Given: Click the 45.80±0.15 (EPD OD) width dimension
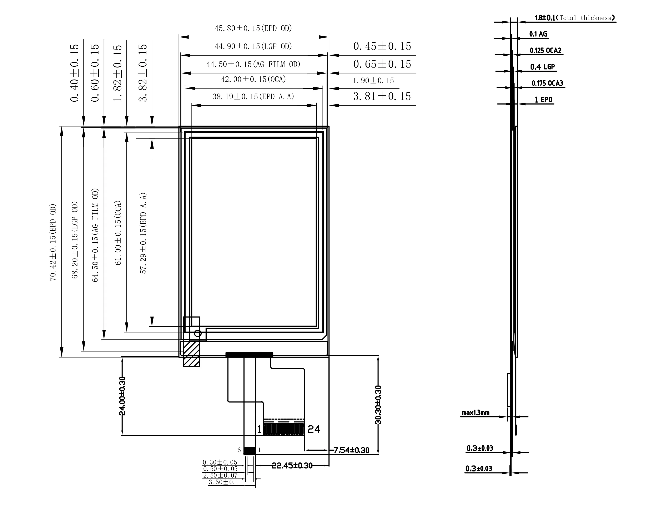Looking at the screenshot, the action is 253,28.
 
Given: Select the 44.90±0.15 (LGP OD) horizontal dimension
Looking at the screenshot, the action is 253,46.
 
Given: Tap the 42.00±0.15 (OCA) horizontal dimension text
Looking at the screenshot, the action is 253,79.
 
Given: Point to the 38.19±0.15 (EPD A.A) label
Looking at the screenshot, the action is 253,97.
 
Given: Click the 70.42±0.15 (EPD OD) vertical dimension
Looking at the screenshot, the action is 53,242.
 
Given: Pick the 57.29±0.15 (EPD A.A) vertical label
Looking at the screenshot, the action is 143,233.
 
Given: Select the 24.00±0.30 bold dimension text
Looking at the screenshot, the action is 122,396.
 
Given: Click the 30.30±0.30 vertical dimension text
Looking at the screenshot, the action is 378,405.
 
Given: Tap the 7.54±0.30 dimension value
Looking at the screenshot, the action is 352,450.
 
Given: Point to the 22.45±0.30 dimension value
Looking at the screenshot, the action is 292,466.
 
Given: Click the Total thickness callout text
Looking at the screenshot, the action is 585,18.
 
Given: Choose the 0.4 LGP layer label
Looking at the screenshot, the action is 543,67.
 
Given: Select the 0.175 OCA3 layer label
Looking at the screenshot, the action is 547,83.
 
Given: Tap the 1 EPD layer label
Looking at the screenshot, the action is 544,100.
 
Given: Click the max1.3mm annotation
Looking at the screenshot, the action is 476,413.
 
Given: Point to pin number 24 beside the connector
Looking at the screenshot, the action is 314,429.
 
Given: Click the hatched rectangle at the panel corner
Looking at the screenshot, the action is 191,354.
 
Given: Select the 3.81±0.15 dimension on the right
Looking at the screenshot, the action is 382,96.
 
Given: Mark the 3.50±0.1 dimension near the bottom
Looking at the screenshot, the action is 224,482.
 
